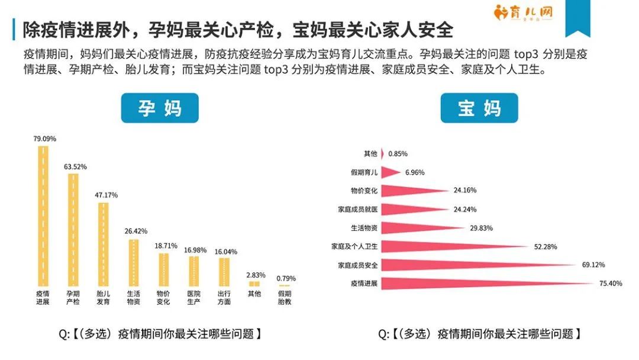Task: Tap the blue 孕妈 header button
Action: click(160, 108)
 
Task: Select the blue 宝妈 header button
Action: click(479, 108)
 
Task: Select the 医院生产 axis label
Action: click(193, 297)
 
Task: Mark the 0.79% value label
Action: click(286, 278)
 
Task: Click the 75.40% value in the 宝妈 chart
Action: click(611, 284)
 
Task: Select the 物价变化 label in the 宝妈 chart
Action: click(364, 191)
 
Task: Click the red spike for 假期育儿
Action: click(389, 172)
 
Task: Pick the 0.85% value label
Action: click(397, 154)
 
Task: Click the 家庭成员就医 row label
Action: click(357, 210)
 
